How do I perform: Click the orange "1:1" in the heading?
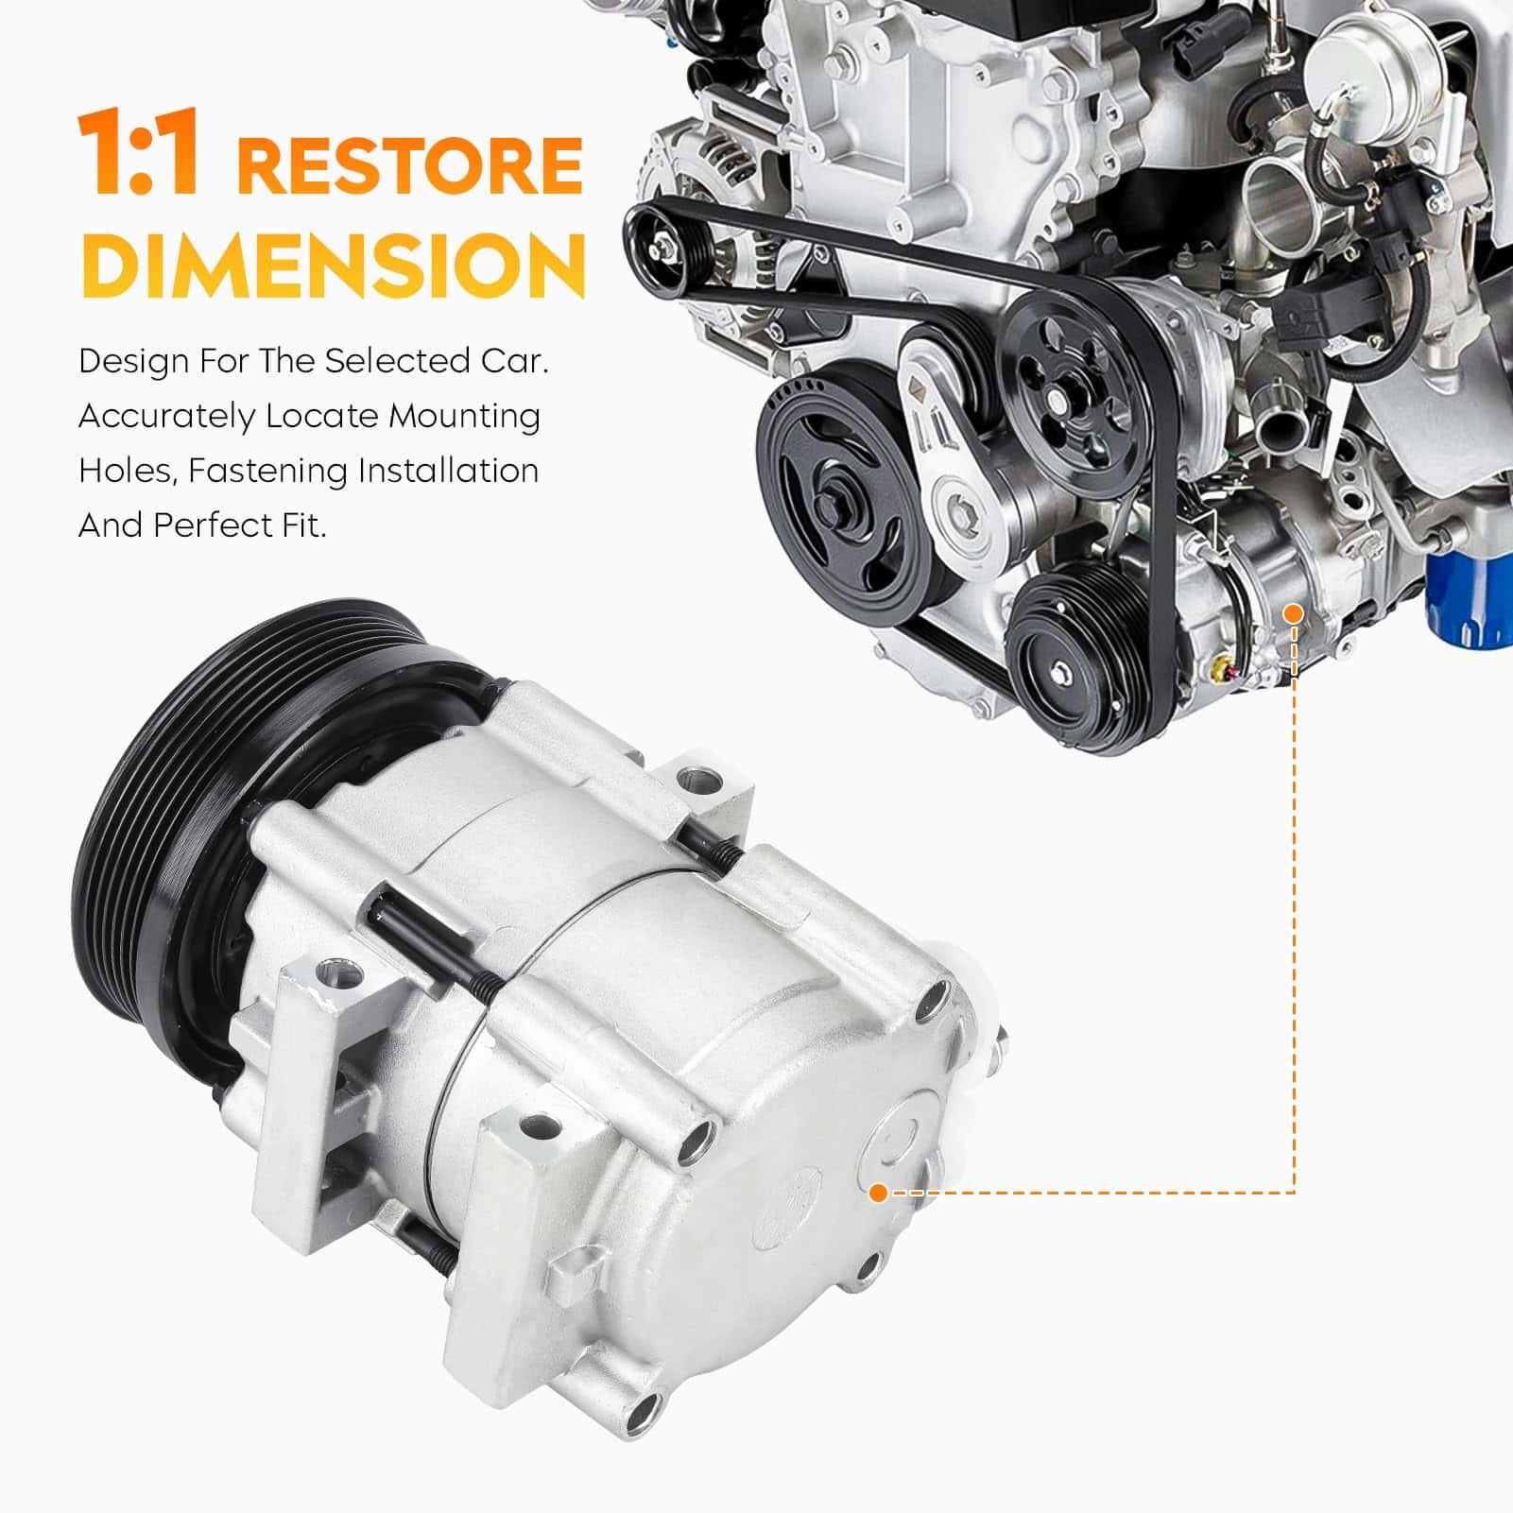click(x=140, y=153)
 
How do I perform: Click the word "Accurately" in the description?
click(x=166, y=417)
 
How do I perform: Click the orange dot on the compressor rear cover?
click(x=878, y=1193)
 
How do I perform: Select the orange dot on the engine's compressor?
click(x=1294, y=614)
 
